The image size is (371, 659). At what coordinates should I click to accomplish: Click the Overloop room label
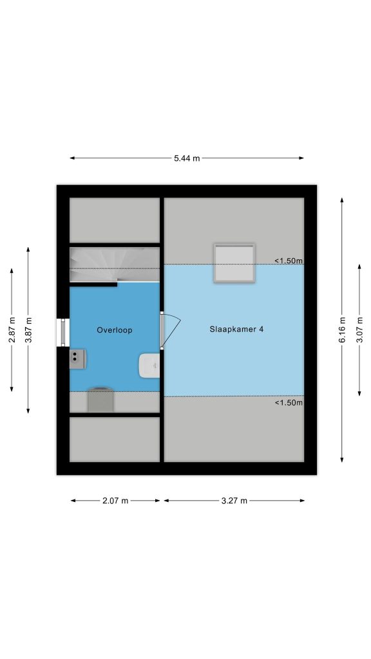tap(115, 330)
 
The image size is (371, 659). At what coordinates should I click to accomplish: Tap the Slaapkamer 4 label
tap(236, 329)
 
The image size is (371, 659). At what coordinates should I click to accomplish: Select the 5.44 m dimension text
tap(187, 158)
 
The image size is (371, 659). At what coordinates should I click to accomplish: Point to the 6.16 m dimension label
tap(342, 329)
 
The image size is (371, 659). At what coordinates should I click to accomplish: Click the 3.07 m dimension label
tap(359, 330)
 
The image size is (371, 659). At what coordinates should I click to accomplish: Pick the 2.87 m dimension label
tap(12, 330)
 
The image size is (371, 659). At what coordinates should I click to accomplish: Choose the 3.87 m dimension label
tap(28, 330)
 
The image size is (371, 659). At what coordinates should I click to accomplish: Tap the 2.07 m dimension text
tap(115, 501)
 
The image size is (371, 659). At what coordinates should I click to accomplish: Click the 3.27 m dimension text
tap(234, 501)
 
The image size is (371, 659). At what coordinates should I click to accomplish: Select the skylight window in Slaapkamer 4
tap(234, 263)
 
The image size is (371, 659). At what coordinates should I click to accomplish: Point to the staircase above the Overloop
tap(115, 265)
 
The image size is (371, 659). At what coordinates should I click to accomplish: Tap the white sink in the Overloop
tap(149, 366)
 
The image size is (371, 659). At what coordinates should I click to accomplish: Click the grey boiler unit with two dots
tap(78, 359)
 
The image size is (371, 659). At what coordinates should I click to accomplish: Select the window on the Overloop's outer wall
tap(63, 333)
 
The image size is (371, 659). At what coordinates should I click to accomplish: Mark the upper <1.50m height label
tap(289, 261)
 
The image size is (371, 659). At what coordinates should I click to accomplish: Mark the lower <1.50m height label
tap(289, 403)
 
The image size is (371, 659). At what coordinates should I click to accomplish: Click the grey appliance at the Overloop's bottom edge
tap(100, 400)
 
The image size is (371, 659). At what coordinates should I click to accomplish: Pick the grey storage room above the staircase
tap(115, 220)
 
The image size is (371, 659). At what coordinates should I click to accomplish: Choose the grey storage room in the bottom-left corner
tap(115, 439)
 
